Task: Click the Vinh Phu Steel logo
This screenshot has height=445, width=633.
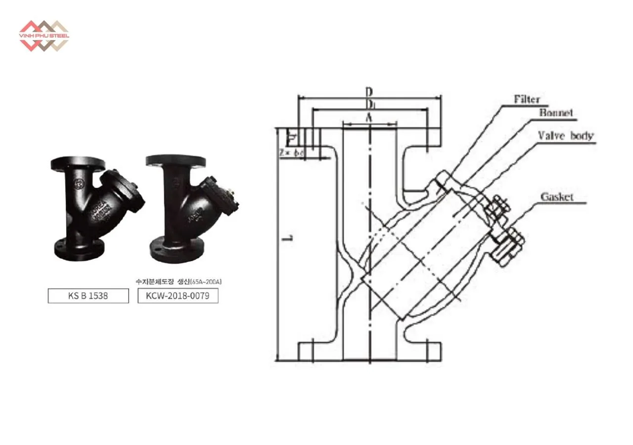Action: coord(44,35)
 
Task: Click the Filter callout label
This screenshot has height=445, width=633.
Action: coord(526,99)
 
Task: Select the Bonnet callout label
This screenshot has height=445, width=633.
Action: coord(556,113)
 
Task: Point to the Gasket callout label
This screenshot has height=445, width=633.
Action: coord(557,197)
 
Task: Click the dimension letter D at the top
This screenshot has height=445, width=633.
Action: coord(369,92)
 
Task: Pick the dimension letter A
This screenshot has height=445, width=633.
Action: coord(368,117)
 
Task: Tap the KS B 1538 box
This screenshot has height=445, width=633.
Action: coord(88,296)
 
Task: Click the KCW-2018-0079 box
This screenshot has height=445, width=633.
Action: coord(178,296)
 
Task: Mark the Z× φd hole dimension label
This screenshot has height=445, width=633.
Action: coord(291,153)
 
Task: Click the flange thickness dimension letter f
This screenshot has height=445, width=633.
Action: coord(292,135)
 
